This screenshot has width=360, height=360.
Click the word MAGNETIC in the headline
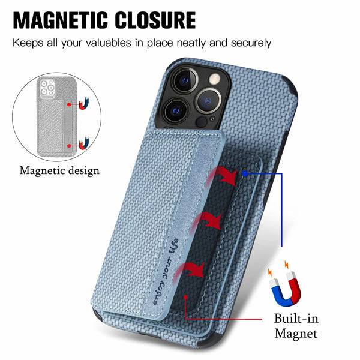pos(61,20)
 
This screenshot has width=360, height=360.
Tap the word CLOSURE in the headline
pos(155,20)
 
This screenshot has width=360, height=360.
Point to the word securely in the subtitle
pos(251,43)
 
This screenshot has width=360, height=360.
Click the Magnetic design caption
pos(59,171)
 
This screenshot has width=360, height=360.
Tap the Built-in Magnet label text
pos(296,326)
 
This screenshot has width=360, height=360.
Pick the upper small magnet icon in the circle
pos(83,104)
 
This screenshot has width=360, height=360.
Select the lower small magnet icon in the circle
pos(84,143)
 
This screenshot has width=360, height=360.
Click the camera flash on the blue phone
pos(215,79)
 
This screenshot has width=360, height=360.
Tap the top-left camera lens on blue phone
pos(185,80)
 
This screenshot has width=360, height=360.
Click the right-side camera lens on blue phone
pos(208,100)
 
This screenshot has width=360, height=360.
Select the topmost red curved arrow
pos(222,176)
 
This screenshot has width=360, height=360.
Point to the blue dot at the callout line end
pos(245,174)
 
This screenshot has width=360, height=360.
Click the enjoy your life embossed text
pos(166,272)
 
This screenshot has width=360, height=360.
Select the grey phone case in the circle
pos(57,116)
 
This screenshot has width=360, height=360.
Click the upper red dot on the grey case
pos(69,104)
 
